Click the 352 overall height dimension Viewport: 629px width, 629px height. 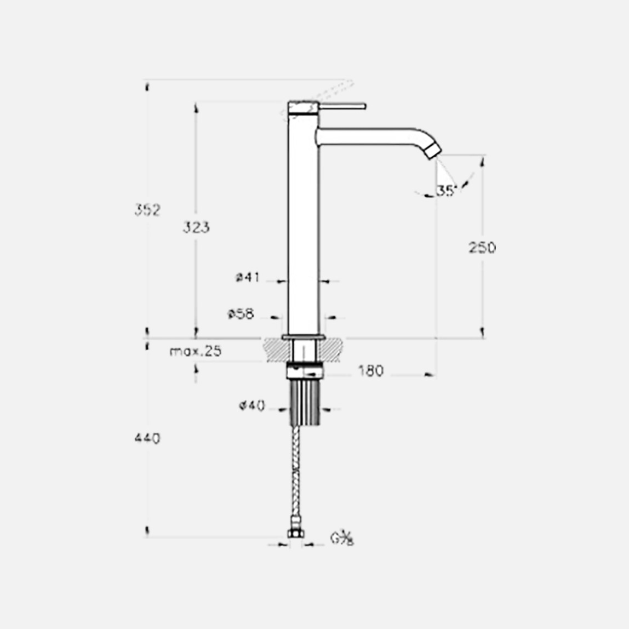[147, 210]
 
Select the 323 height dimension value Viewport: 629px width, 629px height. [196, 227]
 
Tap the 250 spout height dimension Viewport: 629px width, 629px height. [482, 248]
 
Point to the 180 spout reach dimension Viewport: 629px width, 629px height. [371, 371]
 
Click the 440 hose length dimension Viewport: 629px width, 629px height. [147, 438]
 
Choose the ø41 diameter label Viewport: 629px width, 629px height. [248, 277]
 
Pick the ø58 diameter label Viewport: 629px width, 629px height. [241, 314]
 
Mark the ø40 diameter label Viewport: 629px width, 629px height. [252, 405]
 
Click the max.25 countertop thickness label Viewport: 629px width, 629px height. [196, 351]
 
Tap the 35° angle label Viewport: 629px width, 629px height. [446, 191]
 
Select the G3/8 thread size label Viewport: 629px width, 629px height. [342, 538]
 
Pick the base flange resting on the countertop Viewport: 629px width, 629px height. [304, 336]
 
